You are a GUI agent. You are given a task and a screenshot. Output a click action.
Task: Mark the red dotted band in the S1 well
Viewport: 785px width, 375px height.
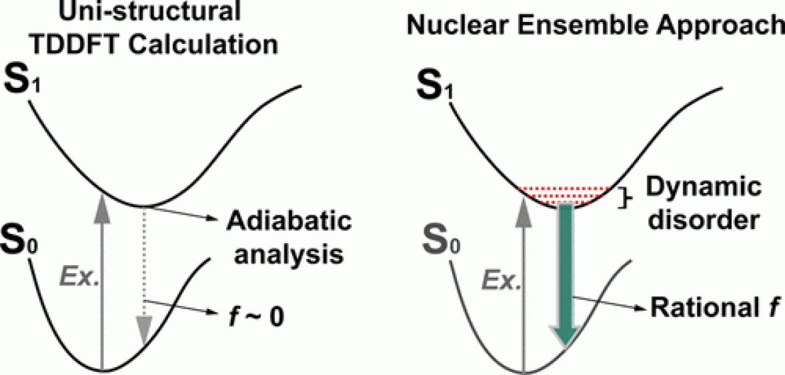[x=565, y=193]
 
